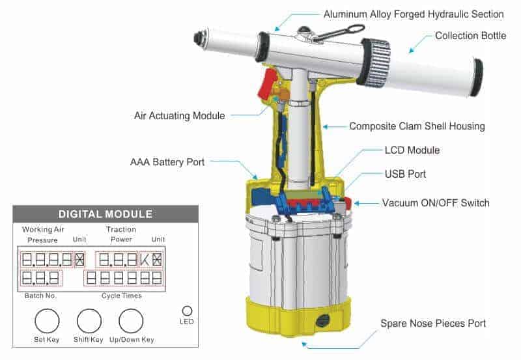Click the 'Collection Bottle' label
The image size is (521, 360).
[470, 36]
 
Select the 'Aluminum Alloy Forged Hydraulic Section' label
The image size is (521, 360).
[414, 14]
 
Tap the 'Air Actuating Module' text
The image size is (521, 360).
[179, 115]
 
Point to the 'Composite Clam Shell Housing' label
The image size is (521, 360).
[417, 126]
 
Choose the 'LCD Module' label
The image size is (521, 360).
[412, 150]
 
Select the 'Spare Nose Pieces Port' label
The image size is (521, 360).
[433, 324]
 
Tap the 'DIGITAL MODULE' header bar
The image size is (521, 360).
[106, 214]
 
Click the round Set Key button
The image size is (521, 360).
[47, 321]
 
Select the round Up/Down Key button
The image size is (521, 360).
[131, 321]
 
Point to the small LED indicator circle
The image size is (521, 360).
[187, 311]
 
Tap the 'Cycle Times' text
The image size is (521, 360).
[122, 296]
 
